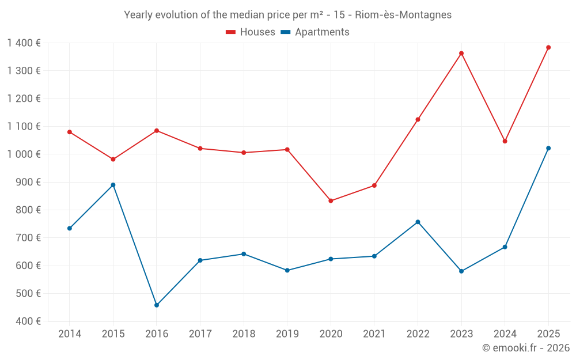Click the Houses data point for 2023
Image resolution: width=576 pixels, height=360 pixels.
tap(461, 54)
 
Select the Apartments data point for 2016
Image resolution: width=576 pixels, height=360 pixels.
tap(157, 305)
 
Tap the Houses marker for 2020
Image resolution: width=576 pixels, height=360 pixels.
tap(331, 201)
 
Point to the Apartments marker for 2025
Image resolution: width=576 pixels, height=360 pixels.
tap(548, 148)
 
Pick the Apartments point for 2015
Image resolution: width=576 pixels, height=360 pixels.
tap(113, 185)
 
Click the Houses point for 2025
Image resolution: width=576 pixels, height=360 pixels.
tap(548, 47)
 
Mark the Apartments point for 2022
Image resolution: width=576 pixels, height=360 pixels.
tap(418, 222)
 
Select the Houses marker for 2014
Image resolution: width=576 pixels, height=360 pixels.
tap(70, 132)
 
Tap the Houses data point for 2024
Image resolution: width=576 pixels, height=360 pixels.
tap(505, 141)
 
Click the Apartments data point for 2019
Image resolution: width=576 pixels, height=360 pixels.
tap(287, 270)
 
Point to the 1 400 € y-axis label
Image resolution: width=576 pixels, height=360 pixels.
tap(24, 43)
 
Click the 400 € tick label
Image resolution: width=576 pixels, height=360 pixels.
tap(27, 321)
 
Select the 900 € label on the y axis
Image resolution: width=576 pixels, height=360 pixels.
tap(27, 182)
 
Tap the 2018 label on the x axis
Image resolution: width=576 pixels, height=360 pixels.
tap(244, 334)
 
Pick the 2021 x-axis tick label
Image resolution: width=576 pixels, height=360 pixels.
tap(374, 334)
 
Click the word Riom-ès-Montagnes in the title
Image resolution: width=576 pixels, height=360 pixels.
tap(407, 14)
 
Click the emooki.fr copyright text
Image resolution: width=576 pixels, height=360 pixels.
tap(526, 348)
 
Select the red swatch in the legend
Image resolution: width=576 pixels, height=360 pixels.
tap(231, 32)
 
